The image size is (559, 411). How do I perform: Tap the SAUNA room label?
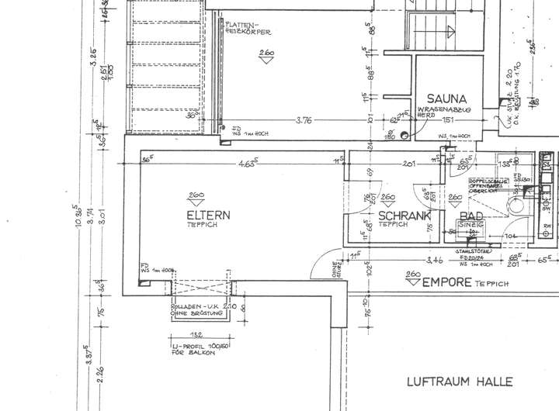[446, 98]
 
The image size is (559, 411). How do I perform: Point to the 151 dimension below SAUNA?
[447, 120]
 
